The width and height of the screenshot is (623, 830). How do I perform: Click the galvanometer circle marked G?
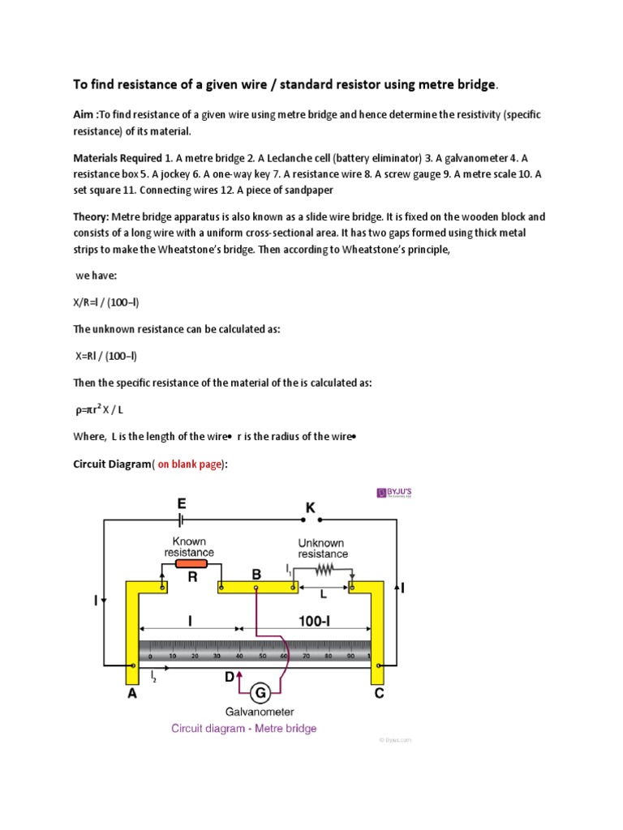[x=260, y=692]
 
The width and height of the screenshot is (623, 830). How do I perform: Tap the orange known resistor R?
[x=191, y=563]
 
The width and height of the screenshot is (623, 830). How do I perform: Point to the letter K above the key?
[x=309, y=507]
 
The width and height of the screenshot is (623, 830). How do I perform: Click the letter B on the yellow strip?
[x=256, y=575]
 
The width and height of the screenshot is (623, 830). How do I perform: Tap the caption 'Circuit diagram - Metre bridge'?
[x=243, y=728]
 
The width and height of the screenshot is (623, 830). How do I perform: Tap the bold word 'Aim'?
[x=84, y=115]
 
